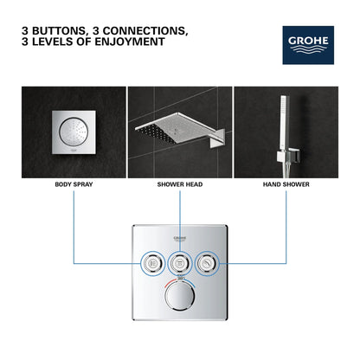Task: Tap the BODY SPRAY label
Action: pos(74,184)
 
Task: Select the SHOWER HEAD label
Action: pos(179,184)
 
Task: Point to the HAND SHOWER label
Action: pos(286,184)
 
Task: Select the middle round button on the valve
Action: pos(180,263)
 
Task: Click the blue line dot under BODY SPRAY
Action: pos(74,193)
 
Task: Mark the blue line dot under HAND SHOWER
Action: pos(286,193)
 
